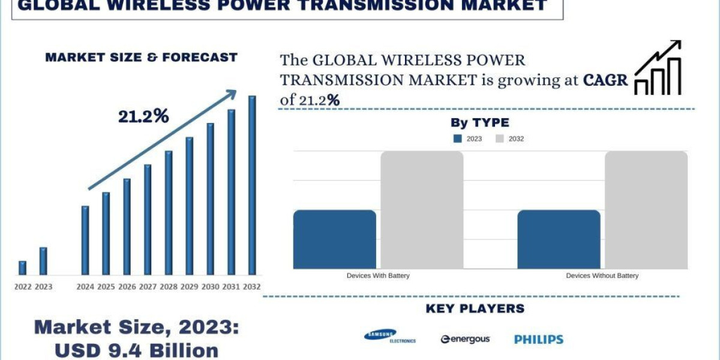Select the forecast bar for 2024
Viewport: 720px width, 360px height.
(x=85, y=240)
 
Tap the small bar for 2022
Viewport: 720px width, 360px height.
(x=22, y=268)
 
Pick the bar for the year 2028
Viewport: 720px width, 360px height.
(x=169, y=212)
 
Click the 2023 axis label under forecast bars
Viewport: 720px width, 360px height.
(x=43, y=287)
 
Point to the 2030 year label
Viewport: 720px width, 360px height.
(x=210, y=287)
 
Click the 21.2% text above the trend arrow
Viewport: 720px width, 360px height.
(x=143, y=117)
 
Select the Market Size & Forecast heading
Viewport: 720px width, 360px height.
(x=142, y=58)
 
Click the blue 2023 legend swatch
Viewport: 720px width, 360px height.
(x=458, y=139)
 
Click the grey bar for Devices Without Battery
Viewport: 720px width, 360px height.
(x=646, y=210)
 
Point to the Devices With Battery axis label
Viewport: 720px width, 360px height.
(x=378, y=276)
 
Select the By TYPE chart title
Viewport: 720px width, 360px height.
(x=479, y=123)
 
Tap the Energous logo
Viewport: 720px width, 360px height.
(x=465, y=340)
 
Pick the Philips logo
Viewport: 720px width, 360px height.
(x=539, y=340)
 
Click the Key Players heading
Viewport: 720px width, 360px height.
(x=475, y=309)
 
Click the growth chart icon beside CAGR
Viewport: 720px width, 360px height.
(x=658, y=68)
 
